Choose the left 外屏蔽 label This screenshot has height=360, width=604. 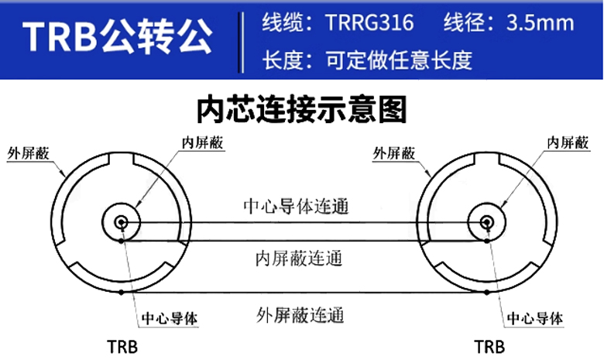(x=28, y=153)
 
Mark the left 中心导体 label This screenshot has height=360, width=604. (x=170, y=318)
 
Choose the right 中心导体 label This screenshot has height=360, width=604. (x=534, y=318)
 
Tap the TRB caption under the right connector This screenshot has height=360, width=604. (x=488, y=345)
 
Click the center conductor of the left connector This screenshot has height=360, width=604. (x=122, y=223)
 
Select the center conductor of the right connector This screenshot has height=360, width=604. (x=488, y=223)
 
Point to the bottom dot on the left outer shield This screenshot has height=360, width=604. (x=122, y=293)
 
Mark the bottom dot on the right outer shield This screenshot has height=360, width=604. (x=487, y=293)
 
